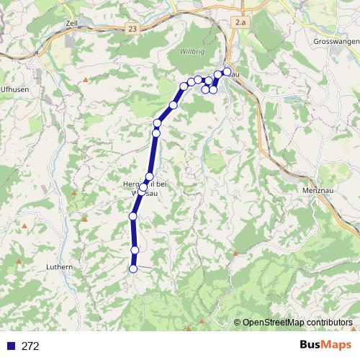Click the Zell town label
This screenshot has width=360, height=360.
pos(71,23)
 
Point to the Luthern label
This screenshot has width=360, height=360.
pos(59,266)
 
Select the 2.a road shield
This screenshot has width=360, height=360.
pos(240,23)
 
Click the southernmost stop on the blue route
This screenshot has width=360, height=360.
pos(132,269)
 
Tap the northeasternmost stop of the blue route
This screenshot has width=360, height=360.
pos(228,71)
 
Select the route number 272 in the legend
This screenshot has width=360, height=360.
pos(30,346)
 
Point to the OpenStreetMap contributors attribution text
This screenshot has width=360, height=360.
pos(297,323)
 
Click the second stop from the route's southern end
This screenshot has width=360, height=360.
pos(135,250)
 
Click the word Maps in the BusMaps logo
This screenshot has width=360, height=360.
pos(336,345)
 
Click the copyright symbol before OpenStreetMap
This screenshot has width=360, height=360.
pos(238,323)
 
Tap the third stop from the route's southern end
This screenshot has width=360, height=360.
pos(132,216)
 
